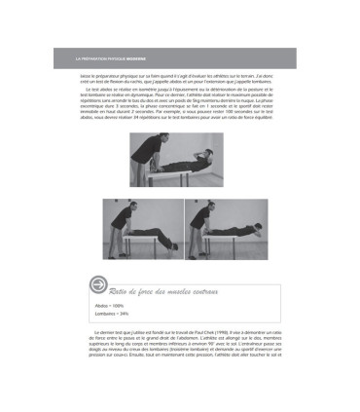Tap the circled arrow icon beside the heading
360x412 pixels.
[x=96, y=284]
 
